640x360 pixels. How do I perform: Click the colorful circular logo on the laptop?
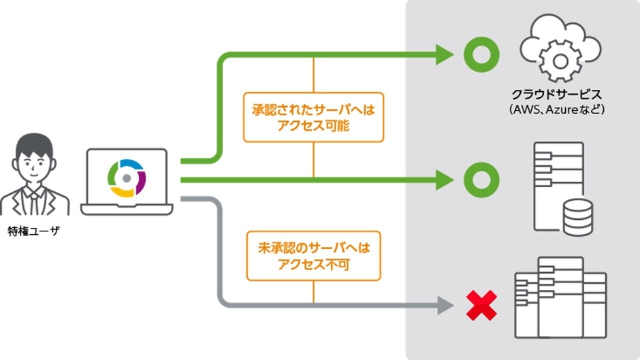pyautogui.click(x=127, y=178)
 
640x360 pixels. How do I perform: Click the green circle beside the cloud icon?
pyautogui.click(x=481, y=54)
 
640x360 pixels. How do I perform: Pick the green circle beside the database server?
pyautogui.click(x=481, y=180)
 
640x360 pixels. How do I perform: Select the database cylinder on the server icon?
pyautogui.click(x=577, y=216)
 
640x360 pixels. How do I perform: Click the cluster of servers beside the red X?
pyautogui.click(x=560, y=297)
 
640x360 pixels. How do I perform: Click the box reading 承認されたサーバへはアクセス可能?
pyautogui.click(x=313, y=117)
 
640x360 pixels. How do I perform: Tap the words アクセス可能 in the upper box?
pyautogui.click(x=313, y=125)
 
